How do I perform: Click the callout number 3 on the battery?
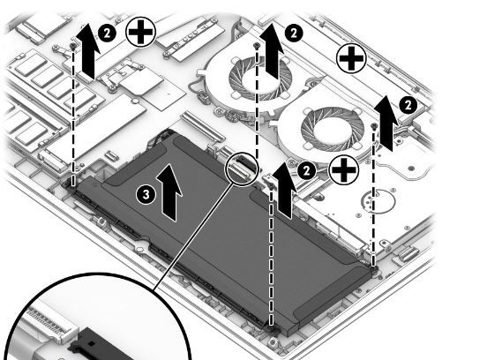(146, 195)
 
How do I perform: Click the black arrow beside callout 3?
(169, 192)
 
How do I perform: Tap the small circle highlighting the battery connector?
(242, 169)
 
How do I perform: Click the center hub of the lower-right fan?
(330, 130)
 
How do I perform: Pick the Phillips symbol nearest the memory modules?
(140, 32)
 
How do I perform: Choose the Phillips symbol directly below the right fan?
(344, 170)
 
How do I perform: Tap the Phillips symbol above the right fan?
(351, 58)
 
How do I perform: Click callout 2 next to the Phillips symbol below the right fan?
(306, 170)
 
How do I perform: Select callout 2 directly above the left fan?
(294, 33)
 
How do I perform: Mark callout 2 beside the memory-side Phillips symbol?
(107, 33)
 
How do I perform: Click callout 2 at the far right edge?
(408, 105)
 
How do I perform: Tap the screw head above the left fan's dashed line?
(256, 46)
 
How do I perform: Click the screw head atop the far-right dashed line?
(374, 125)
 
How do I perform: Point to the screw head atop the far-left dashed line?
(73, 46)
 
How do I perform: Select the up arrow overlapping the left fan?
(273, 50)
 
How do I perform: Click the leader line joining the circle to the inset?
(194, 236)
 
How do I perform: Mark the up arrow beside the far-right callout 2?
(386, 124)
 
